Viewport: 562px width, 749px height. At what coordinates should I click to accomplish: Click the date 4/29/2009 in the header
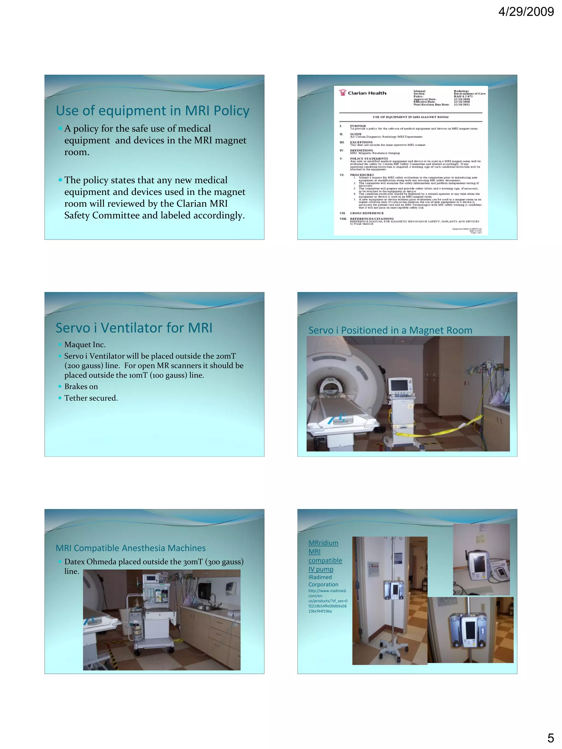tap(526, 12)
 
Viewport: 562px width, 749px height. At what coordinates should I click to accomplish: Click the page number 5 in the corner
tap(550, 737)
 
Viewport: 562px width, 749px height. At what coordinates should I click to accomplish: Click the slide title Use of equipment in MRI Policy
tap(153, 111)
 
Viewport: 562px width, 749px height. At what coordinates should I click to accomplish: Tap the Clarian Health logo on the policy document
tap(363, 93)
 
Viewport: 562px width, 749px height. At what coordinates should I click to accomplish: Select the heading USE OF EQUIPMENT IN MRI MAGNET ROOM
tap(410, 117)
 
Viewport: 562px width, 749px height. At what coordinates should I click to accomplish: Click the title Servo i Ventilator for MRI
tap(134, 328)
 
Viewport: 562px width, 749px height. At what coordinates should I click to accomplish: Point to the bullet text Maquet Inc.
tap(85, 344)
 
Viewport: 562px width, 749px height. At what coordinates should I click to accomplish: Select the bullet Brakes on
tap(81, 386)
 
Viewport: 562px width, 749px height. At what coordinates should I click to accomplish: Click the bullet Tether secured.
tap(91, 398)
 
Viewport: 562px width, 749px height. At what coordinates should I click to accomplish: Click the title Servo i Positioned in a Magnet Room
tap(390, 330)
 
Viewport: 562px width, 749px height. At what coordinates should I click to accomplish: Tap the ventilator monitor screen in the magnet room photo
tap(399, 386)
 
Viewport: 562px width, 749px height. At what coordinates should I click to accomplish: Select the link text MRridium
tap(323, 543)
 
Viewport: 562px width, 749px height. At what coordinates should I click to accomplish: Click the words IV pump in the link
tap(321, 569)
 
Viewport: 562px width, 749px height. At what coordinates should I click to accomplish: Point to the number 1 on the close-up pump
tap(482, 630)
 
